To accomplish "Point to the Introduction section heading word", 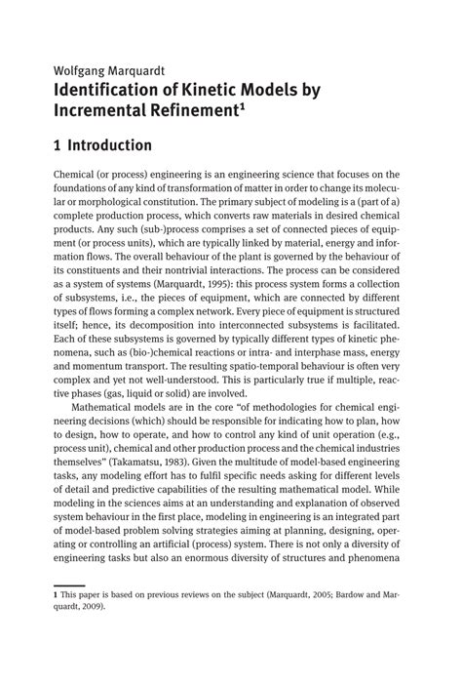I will click(x=109, y=146).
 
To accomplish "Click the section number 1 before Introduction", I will click(x=58, y=146).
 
